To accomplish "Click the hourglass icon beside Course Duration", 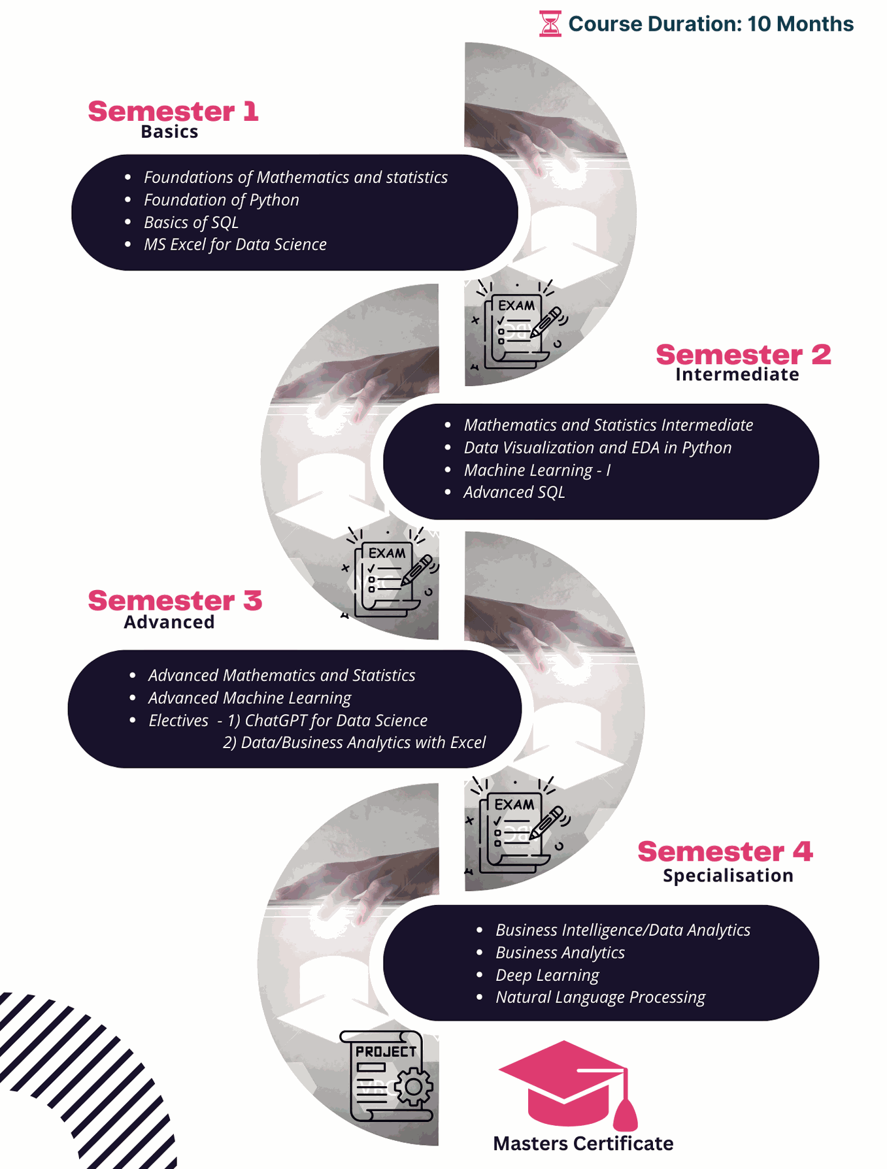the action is pyautogui.click(x=550, y=24).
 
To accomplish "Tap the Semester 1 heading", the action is pyautogui.click(x=173, y=111).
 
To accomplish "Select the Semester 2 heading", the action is pyautogui.click(x=743, y=355).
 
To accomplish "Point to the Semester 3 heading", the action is pyautogui.click(x=175, y=601).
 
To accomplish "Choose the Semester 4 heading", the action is pyautogui.click(x=725, y=851).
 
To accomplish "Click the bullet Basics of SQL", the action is pyautogui.click(x=191, y=222).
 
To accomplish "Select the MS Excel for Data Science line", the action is pyautogui.click(x=235, y=244).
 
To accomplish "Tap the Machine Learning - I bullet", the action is pyautogui.click(x=537, y=470).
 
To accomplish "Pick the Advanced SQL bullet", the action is pyautogui.click(x=514, y=492).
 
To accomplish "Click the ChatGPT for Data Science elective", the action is pyautogui.click(x=327, y=720).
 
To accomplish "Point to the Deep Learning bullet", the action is pyautogui.click(x=547, y=975).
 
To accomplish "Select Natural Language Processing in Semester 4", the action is pyautogui.click(x=601, y=997).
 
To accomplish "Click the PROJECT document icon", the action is pyautogui.click(x=387, y=1076).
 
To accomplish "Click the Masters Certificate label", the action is pyautogui.click(x=583, y=1144).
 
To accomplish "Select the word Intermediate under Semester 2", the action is pyautogui.click(x=737, y=374).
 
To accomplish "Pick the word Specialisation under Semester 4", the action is pyautogui.click(x=728, y=876).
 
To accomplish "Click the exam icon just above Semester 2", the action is pyautogui.click(x=516, y=324).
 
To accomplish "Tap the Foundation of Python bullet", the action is pyautogui.click(x=222, y=200).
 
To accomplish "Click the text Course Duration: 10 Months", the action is pyautogui.click(x=711, y=24).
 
